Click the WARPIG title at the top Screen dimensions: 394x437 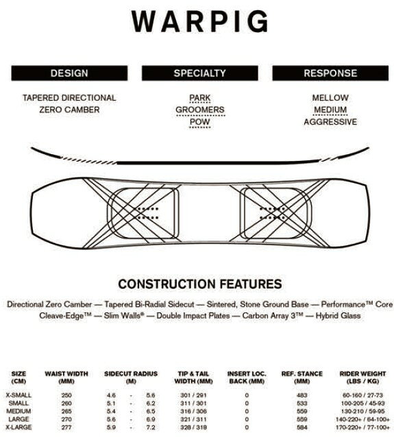pos(199,21)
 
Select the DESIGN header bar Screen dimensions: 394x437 pos(69,73)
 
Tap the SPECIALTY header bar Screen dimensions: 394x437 pos(199,73)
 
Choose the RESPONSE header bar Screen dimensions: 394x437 pos(330,73)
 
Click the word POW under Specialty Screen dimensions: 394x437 pos(199,122)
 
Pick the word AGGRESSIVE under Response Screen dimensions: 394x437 pos(330,122)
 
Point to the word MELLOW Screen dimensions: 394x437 pos(330,98)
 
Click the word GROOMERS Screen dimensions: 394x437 pos(200,110)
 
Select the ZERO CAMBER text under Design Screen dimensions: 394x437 pos(69,110)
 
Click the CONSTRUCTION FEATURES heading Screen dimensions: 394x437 pos(200,284)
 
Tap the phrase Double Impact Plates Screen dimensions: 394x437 pos(193,316)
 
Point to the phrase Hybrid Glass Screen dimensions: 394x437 pos(338,316)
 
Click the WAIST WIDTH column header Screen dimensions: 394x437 pos(66,377)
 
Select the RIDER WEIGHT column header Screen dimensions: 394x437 pos(362,377)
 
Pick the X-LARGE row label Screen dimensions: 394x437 pos(19,427)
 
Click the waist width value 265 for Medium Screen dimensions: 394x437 pos(66,411)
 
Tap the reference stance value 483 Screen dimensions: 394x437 pos(301,395)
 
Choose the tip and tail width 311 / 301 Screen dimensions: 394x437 pos(193,403)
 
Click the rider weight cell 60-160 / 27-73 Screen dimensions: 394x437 pos(362,395)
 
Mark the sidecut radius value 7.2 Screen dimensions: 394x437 pos(151,427)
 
